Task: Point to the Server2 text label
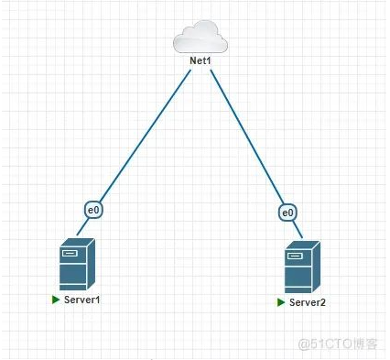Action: pos(307,302)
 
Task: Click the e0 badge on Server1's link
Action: pos(92,210)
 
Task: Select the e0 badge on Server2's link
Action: pos(288,213)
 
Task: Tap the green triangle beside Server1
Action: pos(56,300)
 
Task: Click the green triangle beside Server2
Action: pos(281,301)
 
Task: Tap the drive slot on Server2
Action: pos(295,256)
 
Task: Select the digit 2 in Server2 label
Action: pos(322,302)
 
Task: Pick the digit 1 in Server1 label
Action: pos(96,300)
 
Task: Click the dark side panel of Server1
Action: pos(88,264)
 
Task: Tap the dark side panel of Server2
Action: pos(313,267)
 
